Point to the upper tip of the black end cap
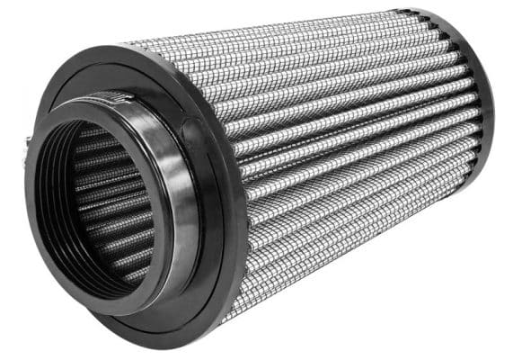click(x=422, y=11)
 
